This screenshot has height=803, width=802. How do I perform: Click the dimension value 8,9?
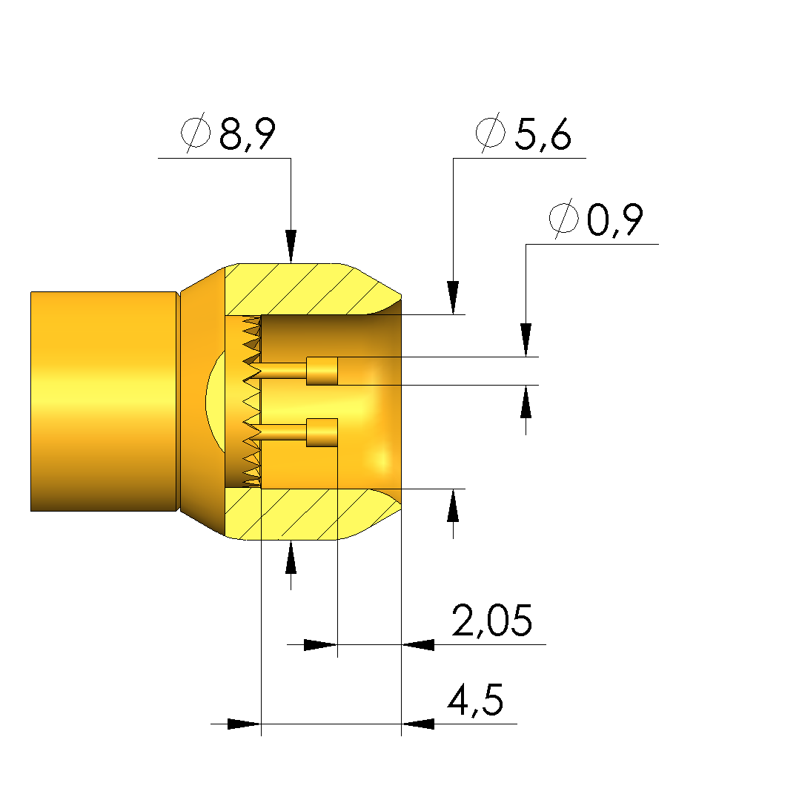[248, 133]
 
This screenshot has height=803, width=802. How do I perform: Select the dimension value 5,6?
[543, 133]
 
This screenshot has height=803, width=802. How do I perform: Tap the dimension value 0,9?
[614, 219]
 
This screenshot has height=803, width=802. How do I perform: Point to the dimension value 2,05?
[492, 620]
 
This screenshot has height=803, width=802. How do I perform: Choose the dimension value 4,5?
[475, 699]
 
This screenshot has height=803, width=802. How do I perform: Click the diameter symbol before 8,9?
[196, 132]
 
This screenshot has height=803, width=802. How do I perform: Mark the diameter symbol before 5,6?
[490, 132]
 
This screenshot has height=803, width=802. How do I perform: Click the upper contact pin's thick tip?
[322, 371]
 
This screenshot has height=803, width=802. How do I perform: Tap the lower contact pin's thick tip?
[322, 433]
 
